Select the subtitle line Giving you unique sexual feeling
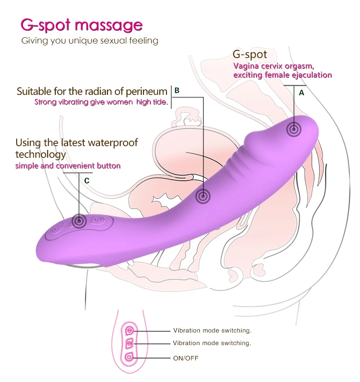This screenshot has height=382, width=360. click(90, 41)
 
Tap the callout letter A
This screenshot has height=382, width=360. click(301, 93)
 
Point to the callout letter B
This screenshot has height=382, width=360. click(177, 90)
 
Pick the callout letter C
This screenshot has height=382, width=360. click(87, 180)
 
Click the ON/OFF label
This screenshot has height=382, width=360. click(185, 358)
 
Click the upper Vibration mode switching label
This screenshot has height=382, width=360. click(212, 331)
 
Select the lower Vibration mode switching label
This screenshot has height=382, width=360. click(212, 343)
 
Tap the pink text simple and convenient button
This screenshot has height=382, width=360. click(68, 166)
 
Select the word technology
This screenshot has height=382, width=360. click(40, 155)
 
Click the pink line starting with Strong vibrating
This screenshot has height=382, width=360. click(101, 102)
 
